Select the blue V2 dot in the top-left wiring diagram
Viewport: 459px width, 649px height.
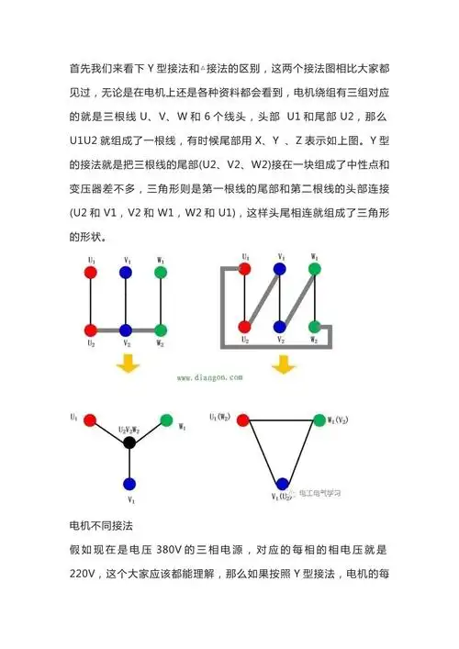(x=126, y=330)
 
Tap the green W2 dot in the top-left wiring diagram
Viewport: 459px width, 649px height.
(x=161, y=330)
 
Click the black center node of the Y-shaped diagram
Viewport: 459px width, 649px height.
(x=129, y=442)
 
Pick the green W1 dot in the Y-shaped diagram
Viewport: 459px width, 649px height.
(x=166, y=420)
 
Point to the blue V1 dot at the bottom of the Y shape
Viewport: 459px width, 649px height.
(x=129, y=484)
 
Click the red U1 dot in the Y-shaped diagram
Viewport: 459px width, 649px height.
(x=90, y=420)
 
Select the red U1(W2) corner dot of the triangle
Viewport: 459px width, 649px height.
(x=242, y=420)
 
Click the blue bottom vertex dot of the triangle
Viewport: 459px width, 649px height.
(x=281, y=484)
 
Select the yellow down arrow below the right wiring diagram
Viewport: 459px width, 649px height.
(x=281, y=365)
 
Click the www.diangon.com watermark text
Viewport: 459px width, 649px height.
(x=207, y=376)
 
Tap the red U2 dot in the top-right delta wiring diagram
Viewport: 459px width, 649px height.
(x=245, y=326)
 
